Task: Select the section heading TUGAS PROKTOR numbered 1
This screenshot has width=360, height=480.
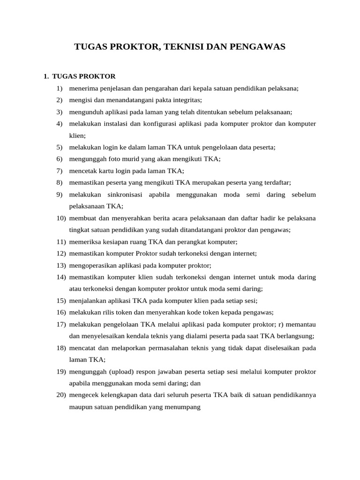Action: (84, 76)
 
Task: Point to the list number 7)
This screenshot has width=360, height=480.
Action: (60, 171)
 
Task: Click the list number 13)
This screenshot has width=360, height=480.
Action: (61, 265)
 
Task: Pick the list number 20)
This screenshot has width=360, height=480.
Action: (61, 395)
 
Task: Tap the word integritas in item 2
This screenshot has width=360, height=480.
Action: (186, 100)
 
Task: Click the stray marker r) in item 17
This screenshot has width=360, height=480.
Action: (282, 324)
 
